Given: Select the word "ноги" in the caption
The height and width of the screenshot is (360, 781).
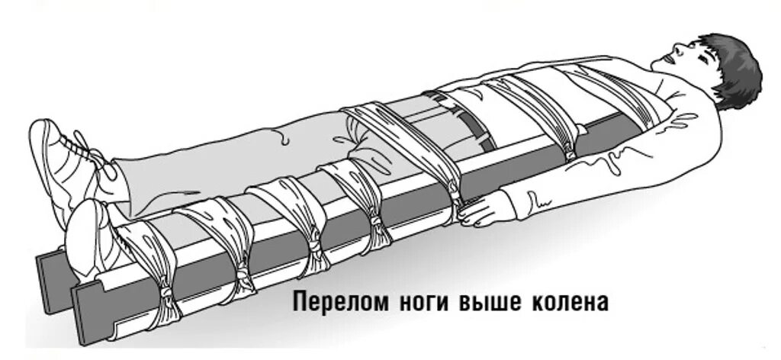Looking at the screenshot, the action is click(x=419, y=302).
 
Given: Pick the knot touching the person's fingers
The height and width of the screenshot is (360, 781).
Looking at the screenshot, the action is click(x=458, y=207).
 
